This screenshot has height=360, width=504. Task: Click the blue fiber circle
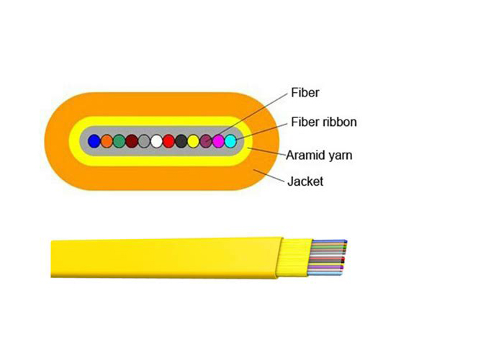pyautogui.click(x=94, y=141)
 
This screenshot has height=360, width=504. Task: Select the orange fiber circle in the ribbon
pyautogui.click(x=107, y=141)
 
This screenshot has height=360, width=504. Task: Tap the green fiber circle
pyautogui.click(x=120, y=141)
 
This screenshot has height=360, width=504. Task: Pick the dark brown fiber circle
pyautogui.click(x=132, y=141)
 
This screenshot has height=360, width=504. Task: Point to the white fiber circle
pyautogui.click(x=156, y=141)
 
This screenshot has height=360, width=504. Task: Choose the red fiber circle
pyautogui.click(x=168, y=141)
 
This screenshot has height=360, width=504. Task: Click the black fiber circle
pyautogui.click(x=181, y=141)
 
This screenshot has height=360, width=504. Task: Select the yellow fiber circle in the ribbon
pyautogui.click(x=194, y=141)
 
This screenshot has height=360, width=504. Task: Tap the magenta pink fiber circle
pyautogui.click(x=218, y=141)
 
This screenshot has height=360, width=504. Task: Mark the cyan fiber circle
pyautogui.click(x=230, y=141)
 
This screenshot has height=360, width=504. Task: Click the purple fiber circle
pyautogui.click(x=206, y=141)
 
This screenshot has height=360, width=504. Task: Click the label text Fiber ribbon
pyautogui.click(x=324, y=122)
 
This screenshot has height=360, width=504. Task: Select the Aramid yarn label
pyautogui.click(x=319, y=156)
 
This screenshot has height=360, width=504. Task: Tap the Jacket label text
pyautogui.click(x=305, y=181)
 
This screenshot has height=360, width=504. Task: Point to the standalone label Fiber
pyautogui.click(x=305, y=93)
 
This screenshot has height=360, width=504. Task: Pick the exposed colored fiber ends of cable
pyautogui.click(x=327, y=258)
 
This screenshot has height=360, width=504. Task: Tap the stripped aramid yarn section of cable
pyautogui.click(x=294, y=258)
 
